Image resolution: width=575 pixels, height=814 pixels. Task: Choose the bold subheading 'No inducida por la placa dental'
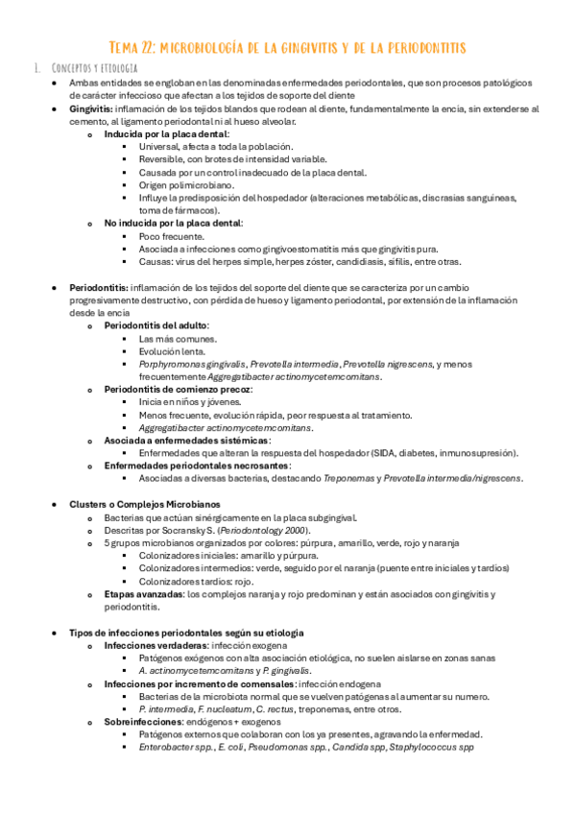[x=173, y=223]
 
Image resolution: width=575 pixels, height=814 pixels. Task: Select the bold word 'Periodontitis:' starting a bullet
[x=98, y=288]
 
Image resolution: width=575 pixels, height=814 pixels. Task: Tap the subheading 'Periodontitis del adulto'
[x=156, y=325]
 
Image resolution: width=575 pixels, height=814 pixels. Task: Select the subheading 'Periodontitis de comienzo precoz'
[x=178, y=389]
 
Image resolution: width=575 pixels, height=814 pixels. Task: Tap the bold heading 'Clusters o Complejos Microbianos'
[x=144, y=503]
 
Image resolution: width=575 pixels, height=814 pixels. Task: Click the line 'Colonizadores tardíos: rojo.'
[x=196, y=581]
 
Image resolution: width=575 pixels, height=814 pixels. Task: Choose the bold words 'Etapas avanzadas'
[x=144, y=594]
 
